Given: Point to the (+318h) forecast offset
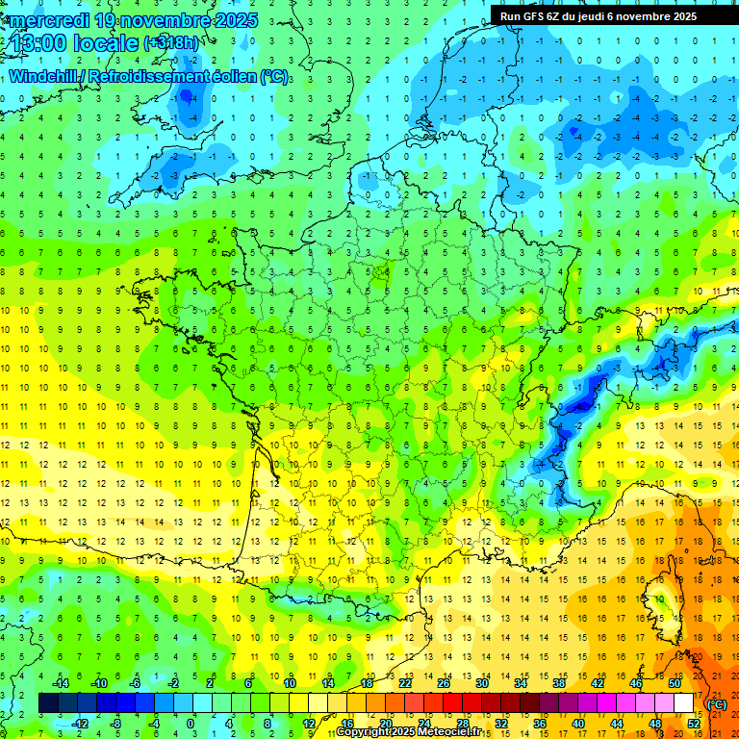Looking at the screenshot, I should [173, 43].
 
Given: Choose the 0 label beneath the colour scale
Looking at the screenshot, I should [190, 724].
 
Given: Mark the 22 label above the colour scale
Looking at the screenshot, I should [406, 683].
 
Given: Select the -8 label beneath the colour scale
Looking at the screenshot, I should [115, 724].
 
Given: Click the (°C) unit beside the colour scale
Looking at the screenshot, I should [717, 703].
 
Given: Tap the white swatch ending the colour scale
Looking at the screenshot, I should [684, 703].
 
